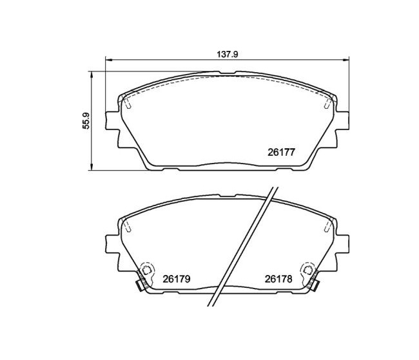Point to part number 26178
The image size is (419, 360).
point(278,279)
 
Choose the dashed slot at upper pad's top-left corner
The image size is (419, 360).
point(127,102)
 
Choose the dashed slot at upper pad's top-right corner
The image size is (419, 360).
point(328,102)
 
